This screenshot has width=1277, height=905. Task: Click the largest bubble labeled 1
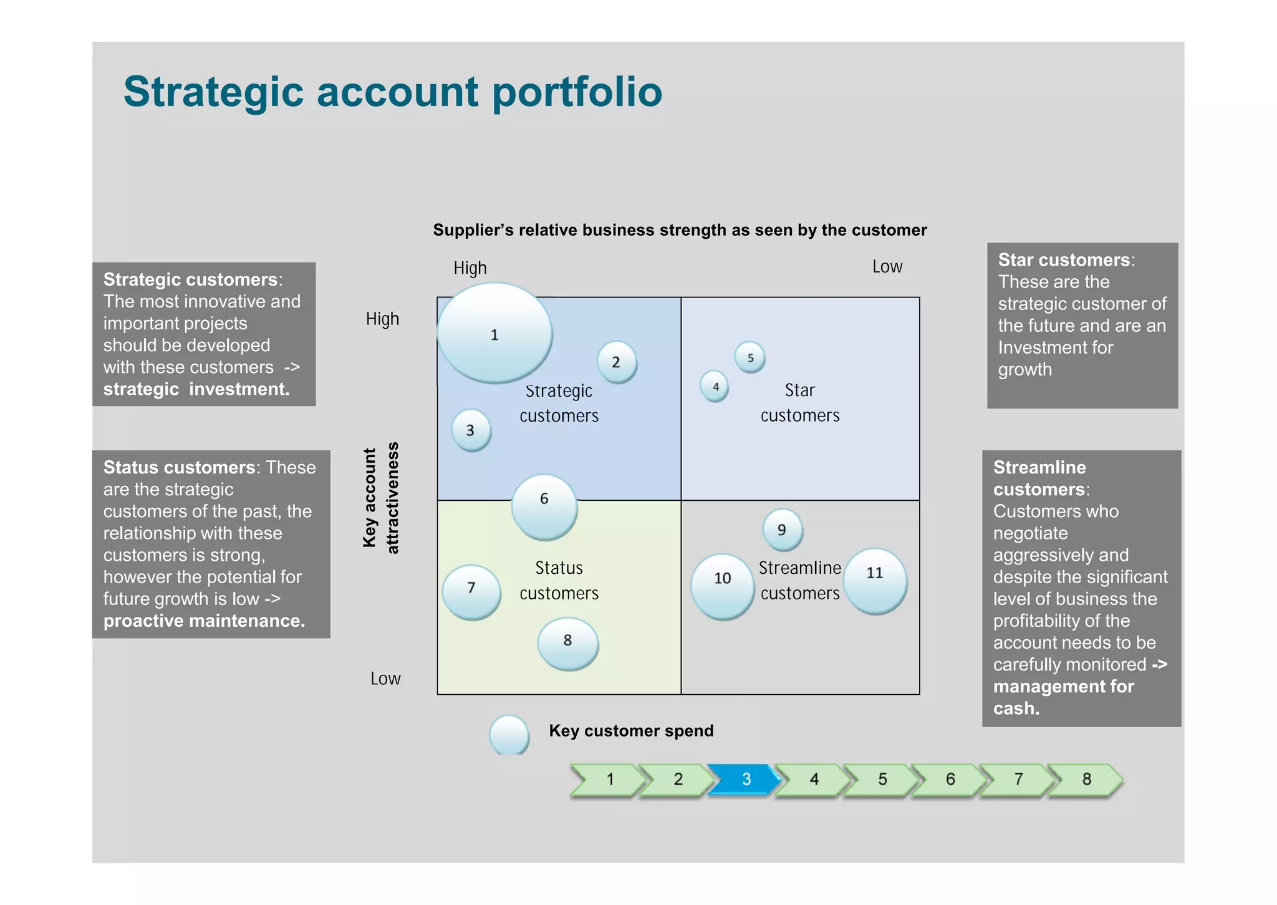coord(494,333)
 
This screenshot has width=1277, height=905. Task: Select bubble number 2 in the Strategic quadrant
coord(617,362)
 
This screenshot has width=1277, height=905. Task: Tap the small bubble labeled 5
coord(750,357)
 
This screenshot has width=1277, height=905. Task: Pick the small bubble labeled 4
coord(715,387)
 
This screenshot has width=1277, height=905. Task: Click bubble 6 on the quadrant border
coord(544,506)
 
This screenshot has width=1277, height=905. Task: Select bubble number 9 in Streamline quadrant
coord(783,530)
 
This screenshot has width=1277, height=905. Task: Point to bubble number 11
coord(875,581)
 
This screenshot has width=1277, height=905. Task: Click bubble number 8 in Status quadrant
coord(568,643)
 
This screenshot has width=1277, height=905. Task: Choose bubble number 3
coord(471,430)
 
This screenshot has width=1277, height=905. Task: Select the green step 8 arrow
coord(1086,779)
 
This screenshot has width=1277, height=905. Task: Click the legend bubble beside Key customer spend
coord(509,735)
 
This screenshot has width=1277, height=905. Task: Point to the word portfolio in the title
coord(577,92)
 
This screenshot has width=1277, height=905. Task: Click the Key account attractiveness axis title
coord(380,497)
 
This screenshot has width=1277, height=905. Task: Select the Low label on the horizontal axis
coord(887,267)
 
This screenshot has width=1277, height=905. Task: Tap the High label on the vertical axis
coord(382,319)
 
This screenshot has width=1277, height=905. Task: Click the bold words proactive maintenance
coord(204,621)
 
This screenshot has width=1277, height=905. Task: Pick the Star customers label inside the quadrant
coord(800,402)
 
